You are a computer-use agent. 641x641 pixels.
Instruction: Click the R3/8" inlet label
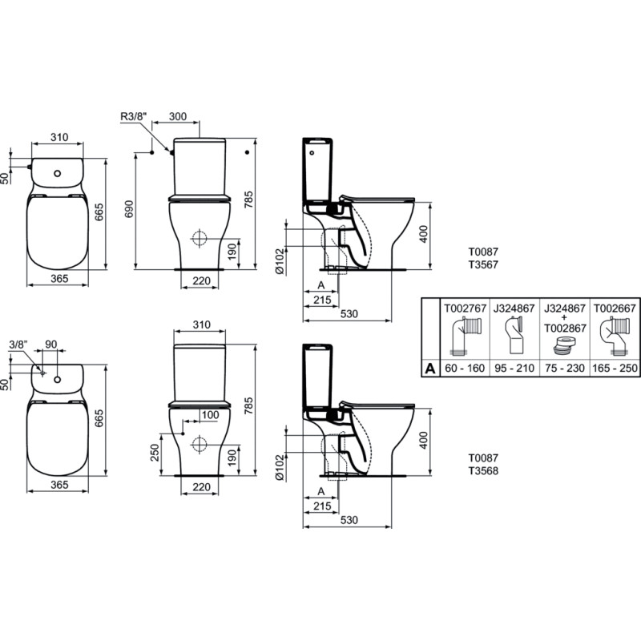[133, 116]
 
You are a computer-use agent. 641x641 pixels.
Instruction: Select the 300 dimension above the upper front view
[178, 116]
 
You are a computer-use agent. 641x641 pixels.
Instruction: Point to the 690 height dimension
[129, 208]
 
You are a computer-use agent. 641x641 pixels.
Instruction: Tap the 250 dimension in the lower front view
[155, 453]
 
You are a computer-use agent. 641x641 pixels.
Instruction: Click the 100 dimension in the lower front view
[210, 415]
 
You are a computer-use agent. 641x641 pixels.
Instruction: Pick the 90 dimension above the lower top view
[51, 345]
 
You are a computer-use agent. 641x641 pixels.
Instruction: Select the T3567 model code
[483, 265]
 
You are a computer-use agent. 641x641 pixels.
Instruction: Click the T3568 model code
[483, 471]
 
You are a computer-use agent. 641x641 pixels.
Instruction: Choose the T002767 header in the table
[466, 308]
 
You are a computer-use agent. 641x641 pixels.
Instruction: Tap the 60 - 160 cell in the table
[465, 369]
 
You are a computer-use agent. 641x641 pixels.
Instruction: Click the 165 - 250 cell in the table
[615, 369]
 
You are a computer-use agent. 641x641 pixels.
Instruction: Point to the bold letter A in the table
[430, 369]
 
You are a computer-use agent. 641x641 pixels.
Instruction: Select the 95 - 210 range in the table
[514, 369]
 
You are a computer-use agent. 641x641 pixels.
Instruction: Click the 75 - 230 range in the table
[565, 369]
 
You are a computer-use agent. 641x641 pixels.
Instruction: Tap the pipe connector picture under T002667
[615, 337]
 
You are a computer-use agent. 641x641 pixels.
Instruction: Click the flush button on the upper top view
[57, 173]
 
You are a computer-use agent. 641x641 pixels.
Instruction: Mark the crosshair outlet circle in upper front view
[199, 238]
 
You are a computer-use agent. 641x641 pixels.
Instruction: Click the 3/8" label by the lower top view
[18, 345]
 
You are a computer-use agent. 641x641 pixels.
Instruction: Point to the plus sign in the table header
[565, 318]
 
